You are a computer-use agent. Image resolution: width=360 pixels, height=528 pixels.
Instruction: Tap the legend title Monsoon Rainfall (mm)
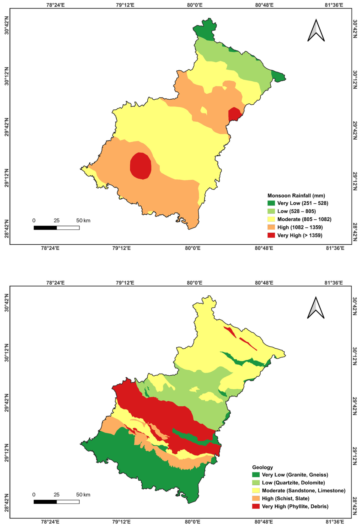pyautogui.click(x=296, y=196)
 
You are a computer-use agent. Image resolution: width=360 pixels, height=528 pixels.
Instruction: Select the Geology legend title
pyautogui.click(x=262, y=467)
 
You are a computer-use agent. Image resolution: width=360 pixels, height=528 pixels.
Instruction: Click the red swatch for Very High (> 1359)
pyautogui.click(x=271, y=235)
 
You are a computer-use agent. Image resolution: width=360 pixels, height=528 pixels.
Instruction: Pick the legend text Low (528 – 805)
pyautogui.click(x=296, y=211)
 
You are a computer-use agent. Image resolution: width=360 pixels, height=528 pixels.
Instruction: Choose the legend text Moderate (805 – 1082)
pyautogui.click(x=304, y=219)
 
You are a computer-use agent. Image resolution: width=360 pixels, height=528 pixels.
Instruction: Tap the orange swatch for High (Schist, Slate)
pyautogui.click(x=256, y=499)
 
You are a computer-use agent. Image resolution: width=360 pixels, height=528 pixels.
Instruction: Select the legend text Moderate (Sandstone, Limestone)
pyautogui.click(x=304, y=490)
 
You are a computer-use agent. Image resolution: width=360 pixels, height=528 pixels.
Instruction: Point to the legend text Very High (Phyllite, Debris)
pyautogui.click(x=295, y=506)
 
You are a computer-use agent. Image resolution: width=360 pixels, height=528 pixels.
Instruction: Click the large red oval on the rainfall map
pyautogui.click(x=141, y=166)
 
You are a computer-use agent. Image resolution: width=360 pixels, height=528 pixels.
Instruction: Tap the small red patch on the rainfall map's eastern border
pyautogui.click(x=234, y=114)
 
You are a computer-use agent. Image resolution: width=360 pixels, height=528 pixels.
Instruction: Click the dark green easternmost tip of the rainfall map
pyautogui.click(x=278, y=76)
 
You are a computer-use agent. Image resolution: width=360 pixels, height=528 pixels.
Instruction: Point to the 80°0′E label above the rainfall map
pyautogui.click(x=195, y=5)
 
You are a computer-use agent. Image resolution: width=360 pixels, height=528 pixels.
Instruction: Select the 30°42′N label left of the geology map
pyautogui.click(x=6, y=303)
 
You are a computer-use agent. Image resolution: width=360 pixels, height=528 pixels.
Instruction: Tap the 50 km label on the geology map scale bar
pyautogui.click(x=83, y=495)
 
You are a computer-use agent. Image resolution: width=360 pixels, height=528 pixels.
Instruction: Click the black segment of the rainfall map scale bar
pyautogui.click(x=45, y=228)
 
